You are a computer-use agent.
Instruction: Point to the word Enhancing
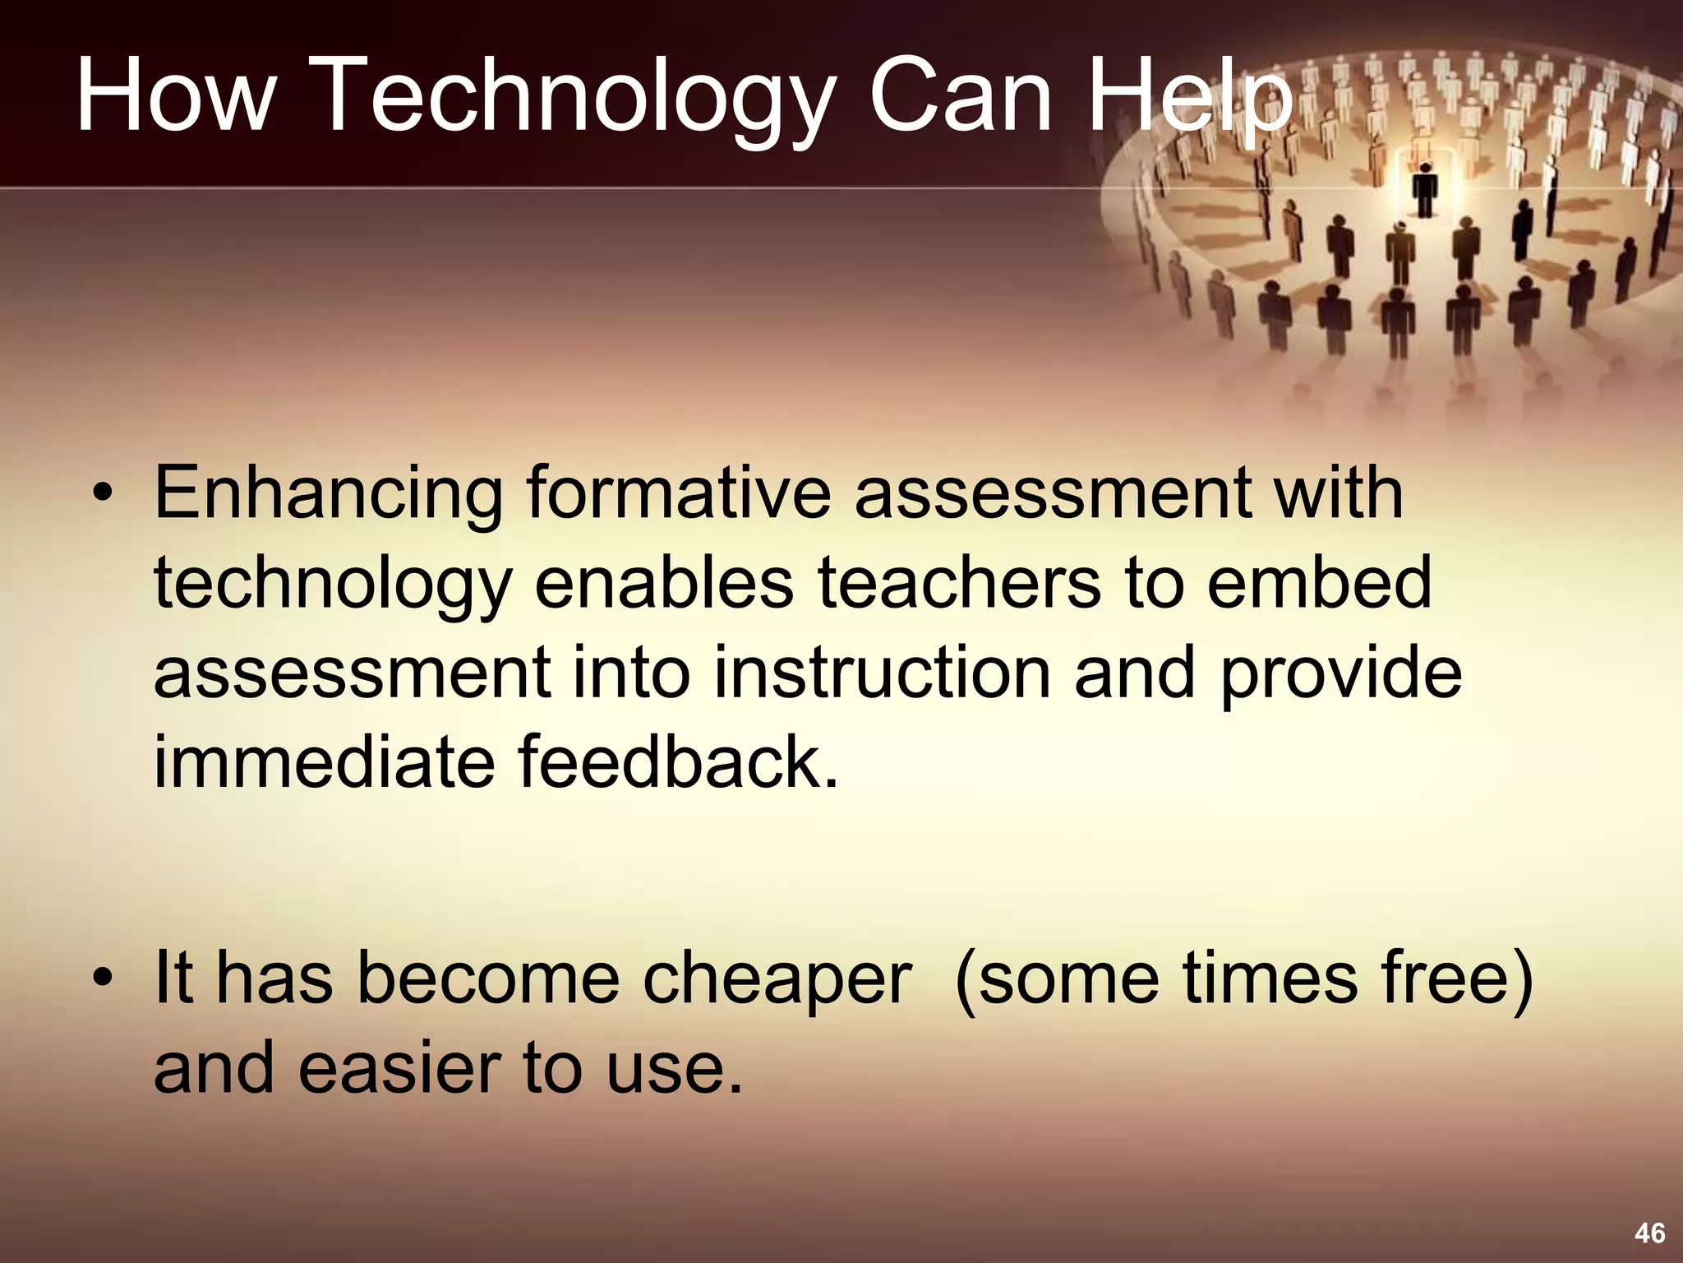click(x=329, y=495)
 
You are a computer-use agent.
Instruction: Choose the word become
click(x=488, y=978)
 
